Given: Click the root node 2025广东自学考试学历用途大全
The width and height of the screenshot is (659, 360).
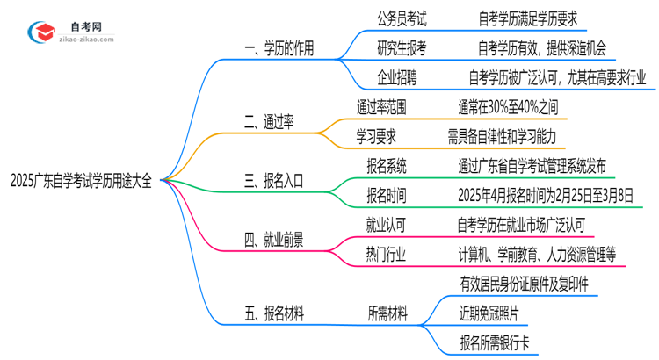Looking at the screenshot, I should (x=81, y=182).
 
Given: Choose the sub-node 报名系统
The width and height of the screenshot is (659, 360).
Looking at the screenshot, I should (x=387, y=166).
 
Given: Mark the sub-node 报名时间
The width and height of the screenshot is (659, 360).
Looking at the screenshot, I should (x=387, y=195).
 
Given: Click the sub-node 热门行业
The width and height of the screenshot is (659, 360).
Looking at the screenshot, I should (x=387, y=254).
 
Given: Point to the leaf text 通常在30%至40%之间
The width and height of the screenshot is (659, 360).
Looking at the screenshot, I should (x=507, y=107).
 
